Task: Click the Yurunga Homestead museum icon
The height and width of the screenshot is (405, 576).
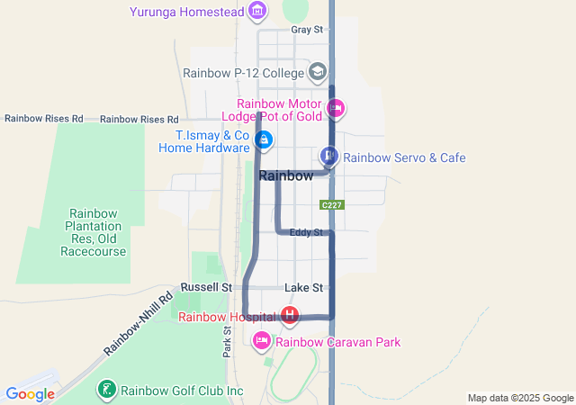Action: click(258, 11)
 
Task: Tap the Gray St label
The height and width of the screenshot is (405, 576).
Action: click(306, 30)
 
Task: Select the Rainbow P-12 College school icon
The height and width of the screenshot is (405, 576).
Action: click(317, 72)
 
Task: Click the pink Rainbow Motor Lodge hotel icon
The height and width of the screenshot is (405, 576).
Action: click(336, 109)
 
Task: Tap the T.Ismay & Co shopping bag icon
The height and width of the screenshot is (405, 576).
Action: click(264, 140)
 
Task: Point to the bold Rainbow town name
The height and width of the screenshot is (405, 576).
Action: click(286, 176)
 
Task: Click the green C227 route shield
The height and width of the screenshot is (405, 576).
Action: click(332, 205)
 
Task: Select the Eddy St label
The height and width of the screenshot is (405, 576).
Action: click(306, 233)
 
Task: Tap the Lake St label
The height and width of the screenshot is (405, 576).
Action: click(303, 288)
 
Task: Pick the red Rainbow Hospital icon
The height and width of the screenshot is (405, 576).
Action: click(290, 316)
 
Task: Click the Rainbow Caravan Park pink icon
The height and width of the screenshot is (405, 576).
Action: click(262, 341)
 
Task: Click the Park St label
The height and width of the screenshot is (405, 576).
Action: click(228, 340)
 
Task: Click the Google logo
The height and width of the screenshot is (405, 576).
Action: click(30, 394)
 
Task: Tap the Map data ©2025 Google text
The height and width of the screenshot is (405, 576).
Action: click(520, 398)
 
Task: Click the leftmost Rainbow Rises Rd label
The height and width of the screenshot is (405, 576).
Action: click(43, 119)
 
